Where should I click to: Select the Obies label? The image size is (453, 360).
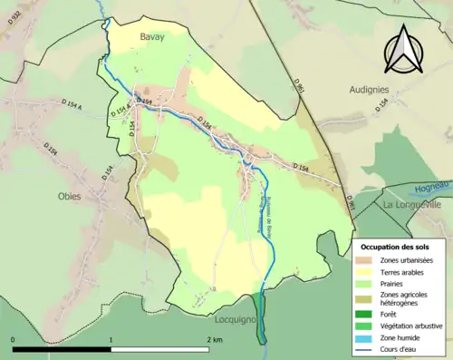pyautogui.click(x=70, y=196)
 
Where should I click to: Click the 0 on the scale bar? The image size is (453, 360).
pyautogui.click(x=13, y=340)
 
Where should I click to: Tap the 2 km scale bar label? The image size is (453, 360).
pyautogui.click(x=214, y=340)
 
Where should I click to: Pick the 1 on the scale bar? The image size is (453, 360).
pyautogui.click(x=111, y=340)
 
